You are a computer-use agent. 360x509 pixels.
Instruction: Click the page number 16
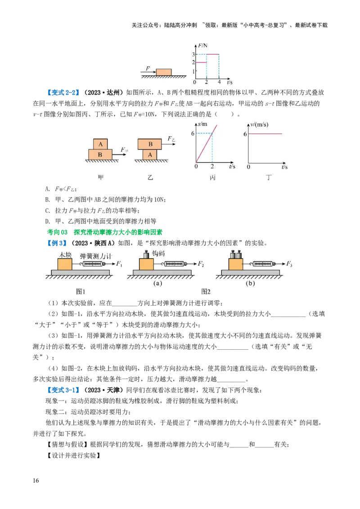point(36,480)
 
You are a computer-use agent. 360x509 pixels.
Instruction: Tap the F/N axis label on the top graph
point(203,45)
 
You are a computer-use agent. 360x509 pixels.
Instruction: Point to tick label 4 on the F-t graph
point(219,82)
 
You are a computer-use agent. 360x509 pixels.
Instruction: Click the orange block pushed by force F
point(164,72)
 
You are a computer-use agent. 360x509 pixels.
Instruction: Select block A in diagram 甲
point(100,144)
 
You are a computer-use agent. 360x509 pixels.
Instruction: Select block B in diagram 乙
point(150,144)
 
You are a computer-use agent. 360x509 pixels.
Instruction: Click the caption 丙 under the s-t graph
point(212,177)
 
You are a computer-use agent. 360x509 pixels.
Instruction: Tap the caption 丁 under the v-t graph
point(268,177)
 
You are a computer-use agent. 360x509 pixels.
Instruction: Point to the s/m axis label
point(202,125)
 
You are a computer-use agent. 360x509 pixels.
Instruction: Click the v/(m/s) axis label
point(259,125)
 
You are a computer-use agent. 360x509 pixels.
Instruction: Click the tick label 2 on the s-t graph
point(212,166)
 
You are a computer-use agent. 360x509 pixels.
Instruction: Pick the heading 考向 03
point(57,232)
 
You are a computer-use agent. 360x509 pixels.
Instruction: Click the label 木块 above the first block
point(65,255)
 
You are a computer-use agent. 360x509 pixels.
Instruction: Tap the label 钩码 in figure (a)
point(158,254)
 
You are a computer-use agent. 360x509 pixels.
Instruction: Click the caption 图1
point(81,291)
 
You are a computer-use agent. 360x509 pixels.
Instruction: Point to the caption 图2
point(206,291)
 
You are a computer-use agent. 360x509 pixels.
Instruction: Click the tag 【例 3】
point(57,243)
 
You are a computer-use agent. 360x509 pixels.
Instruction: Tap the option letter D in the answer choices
point(47,221)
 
